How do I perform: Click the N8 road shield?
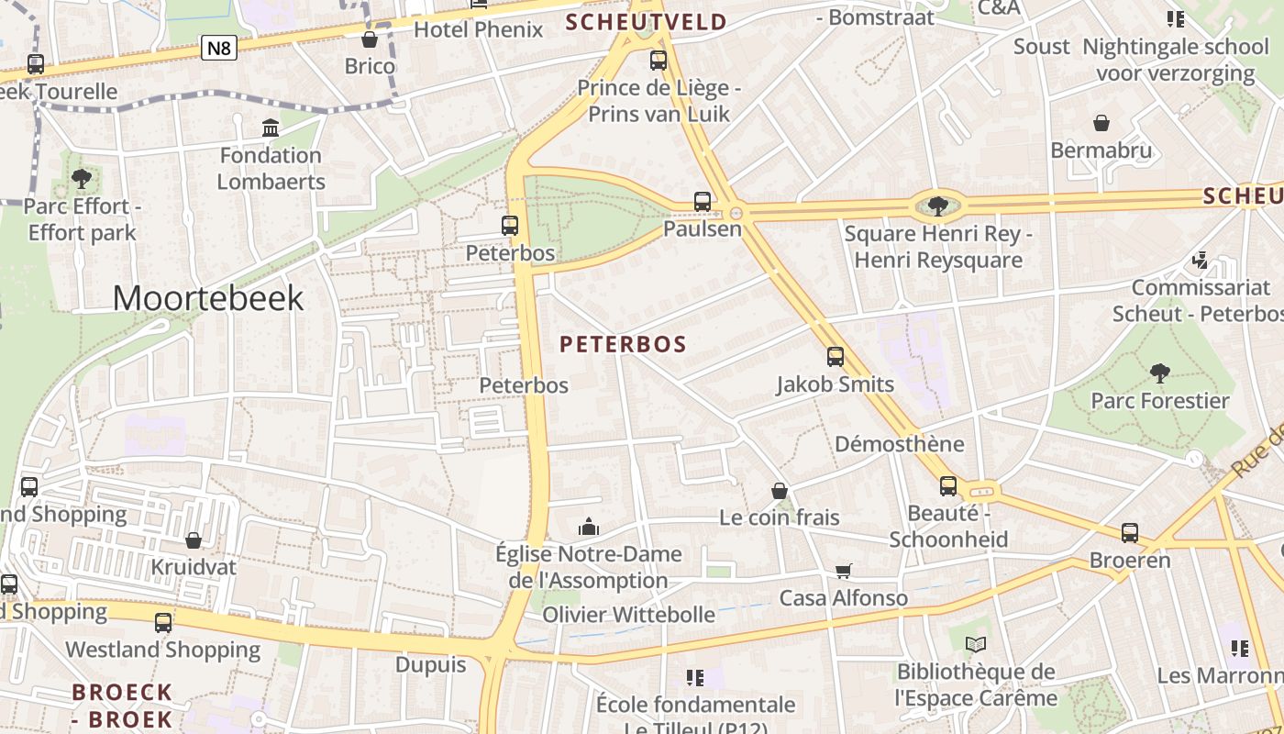pyautogui.click(x=219, y=48)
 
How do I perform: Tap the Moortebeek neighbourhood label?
pyautogui.click(x=208, y=298)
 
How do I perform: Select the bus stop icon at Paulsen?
pyautogui.click(x=703, y=202)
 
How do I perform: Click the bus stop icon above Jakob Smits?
pyautogui.click(x=836, y=357)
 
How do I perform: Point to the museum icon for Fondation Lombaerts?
pyautogui.click(x=271, y=128)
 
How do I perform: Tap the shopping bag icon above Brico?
pyautogui.click(x=370, y=39)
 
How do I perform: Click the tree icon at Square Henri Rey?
pyautogui.click(x=937, y=206)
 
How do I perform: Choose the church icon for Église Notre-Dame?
pyautogui.click(x=588, y=527)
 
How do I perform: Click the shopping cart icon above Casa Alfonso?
pyautogui.click(x=844, y=571)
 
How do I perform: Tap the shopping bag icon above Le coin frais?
pyautogui.click(x=780, y=491)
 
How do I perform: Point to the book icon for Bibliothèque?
pyautogui.click(x=977, y=645)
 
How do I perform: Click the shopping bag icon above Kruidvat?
pyautogui.click(x=194, y=540)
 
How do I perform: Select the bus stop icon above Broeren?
pyautogui.click(x=1130, y=533)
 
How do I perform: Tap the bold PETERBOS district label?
pyautogui.click(x=623, y=344)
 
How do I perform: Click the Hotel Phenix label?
pyautogui.click(x=478, y=29)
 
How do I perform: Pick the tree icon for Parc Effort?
pyautogui.click(x=82, y=179)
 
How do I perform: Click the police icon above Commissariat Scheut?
pyautogui.click(x=1200, y=261)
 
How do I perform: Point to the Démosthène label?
pyautogui.click(x=899, y=444)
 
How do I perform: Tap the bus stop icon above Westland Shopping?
pyautogui.click(x=163, y=623)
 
